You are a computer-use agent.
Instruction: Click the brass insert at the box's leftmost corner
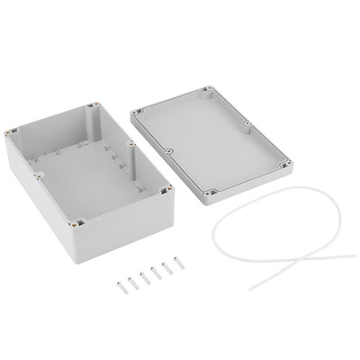tap(13, 132)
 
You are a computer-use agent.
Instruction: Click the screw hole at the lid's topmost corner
tap(208, 89)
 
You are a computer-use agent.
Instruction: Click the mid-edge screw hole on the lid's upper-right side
tap(247, 126)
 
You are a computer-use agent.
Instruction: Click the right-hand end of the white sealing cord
tap(353, 256)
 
